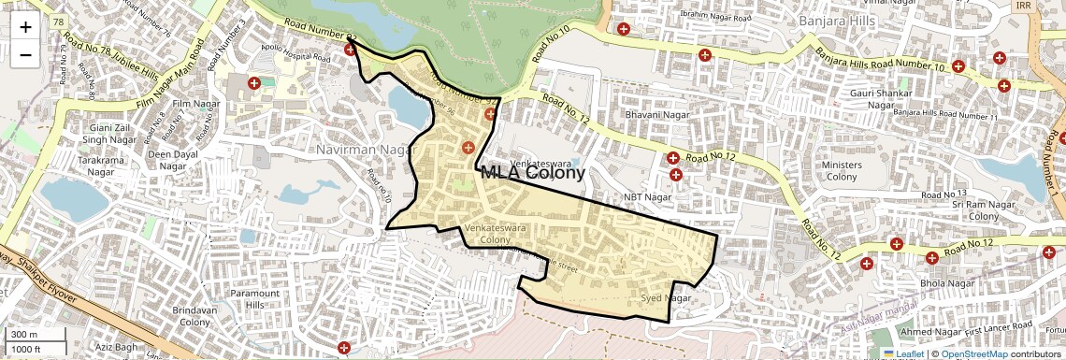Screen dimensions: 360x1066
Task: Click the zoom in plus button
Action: (x=25, y=26)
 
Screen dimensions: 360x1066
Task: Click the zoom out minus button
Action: (x=25, y=54)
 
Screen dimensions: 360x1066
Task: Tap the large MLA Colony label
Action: (x=533, y=172)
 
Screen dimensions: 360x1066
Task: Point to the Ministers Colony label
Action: (x=842, y=171)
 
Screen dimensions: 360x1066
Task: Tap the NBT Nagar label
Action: (x=648, y=197)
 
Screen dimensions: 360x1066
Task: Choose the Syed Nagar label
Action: (x=665, y=298)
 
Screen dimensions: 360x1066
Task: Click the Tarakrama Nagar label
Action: (x=101, y=166)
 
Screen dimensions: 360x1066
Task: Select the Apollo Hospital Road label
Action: (x=296, y=57)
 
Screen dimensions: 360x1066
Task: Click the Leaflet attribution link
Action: (x=903, y=353)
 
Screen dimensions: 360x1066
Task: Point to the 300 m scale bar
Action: (x=36, y=335)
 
